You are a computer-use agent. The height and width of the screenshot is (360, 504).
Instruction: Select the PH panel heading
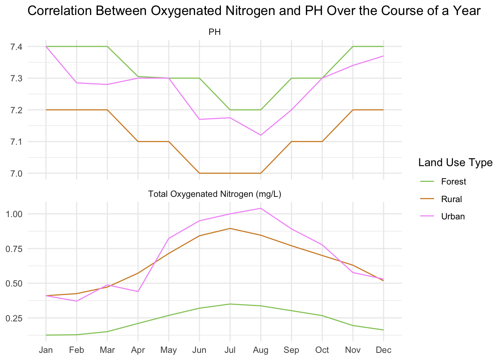coord(214,32)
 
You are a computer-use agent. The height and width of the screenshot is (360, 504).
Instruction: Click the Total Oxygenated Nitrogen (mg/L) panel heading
coord(214,194)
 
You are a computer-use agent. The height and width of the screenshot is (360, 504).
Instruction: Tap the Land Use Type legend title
coord(455,162)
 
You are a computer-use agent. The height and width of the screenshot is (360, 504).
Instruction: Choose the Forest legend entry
coord(453,181)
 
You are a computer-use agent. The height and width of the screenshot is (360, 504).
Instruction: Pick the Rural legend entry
coord(451,199)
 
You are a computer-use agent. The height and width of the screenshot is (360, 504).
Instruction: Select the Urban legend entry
coord(453,216)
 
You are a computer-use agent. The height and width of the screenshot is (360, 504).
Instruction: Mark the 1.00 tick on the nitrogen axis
coord(15,214)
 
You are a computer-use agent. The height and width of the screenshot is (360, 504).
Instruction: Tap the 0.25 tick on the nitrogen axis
coord(15,318)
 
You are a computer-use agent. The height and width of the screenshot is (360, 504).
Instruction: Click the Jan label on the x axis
coord(46,350)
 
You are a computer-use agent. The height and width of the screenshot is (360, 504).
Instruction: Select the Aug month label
coord(261,350)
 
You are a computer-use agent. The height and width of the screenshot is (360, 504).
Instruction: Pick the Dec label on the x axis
coord(383,350)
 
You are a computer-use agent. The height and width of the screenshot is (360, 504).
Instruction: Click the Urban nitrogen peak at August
coord(261,208)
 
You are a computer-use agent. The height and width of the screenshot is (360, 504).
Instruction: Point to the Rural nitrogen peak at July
coord(230,228)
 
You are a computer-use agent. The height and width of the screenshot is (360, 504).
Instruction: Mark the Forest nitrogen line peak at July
coord(230,304)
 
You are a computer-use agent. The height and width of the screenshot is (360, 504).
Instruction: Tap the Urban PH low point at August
coord(261,135)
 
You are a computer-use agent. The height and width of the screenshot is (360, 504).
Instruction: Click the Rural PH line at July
coord(230,173)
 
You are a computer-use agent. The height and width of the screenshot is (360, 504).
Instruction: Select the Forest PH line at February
coord(76,46)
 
